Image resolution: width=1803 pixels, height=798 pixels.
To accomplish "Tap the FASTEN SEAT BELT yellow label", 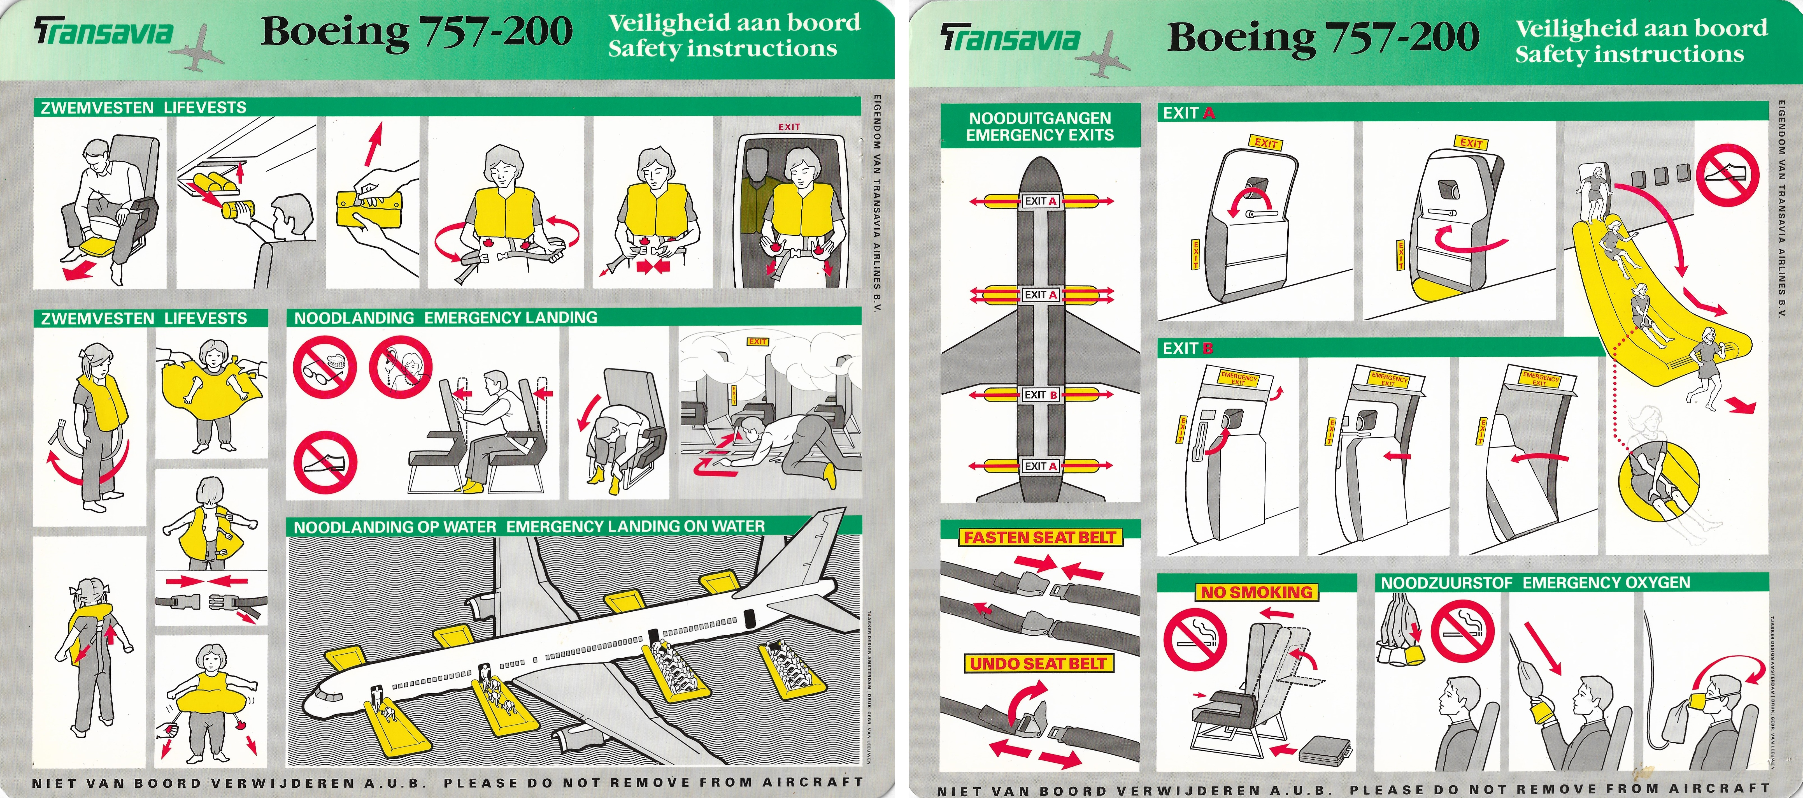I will click(1040, 538).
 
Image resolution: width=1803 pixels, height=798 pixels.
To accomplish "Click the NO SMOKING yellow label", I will click(1256, 592).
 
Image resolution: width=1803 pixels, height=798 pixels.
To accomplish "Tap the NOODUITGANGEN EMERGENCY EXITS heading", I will click(1040, 127).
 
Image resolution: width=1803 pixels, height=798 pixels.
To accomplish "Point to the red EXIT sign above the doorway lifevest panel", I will click(789, 127).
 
